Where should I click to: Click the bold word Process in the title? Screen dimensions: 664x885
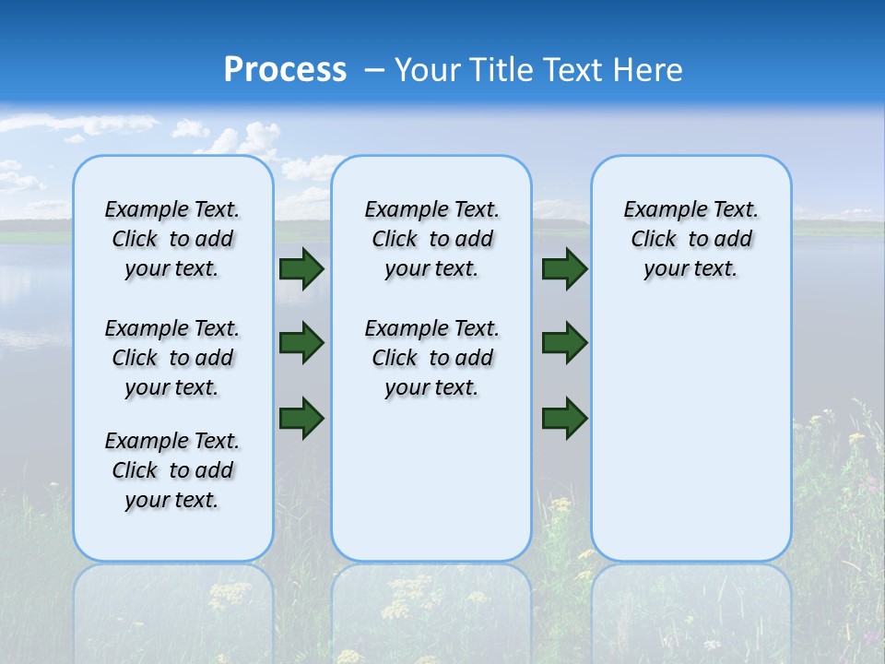point(285,70)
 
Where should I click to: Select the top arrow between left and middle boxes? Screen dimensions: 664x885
point(301,269)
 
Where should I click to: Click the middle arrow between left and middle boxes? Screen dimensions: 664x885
point(301,343)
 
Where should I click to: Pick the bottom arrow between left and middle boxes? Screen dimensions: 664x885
point(301,417)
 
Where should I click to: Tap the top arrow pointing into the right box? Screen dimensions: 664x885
point(564,269)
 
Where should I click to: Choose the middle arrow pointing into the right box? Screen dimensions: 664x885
point(564,343)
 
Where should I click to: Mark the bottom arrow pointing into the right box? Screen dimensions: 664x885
point(564,417)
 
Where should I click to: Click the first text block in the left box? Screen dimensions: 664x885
point(172,239)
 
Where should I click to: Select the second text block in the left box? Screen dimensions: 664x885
point(172,358)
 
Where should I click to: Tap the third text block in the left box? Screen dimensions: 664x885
point(172,470)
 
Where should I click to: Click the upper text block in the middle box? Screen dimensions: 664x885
point(431,239)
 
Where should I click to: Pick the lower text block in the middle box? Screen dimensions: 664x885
point(431,358)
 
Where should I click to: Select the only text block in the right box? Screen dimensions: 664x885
point(690,239)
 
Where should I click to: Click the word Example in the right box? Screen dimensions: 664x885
point(660,210)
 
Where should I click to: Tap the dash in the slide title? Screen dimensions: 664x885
point(374,70)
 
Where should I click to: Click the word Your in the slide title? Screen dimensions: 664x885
point(429,70)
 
